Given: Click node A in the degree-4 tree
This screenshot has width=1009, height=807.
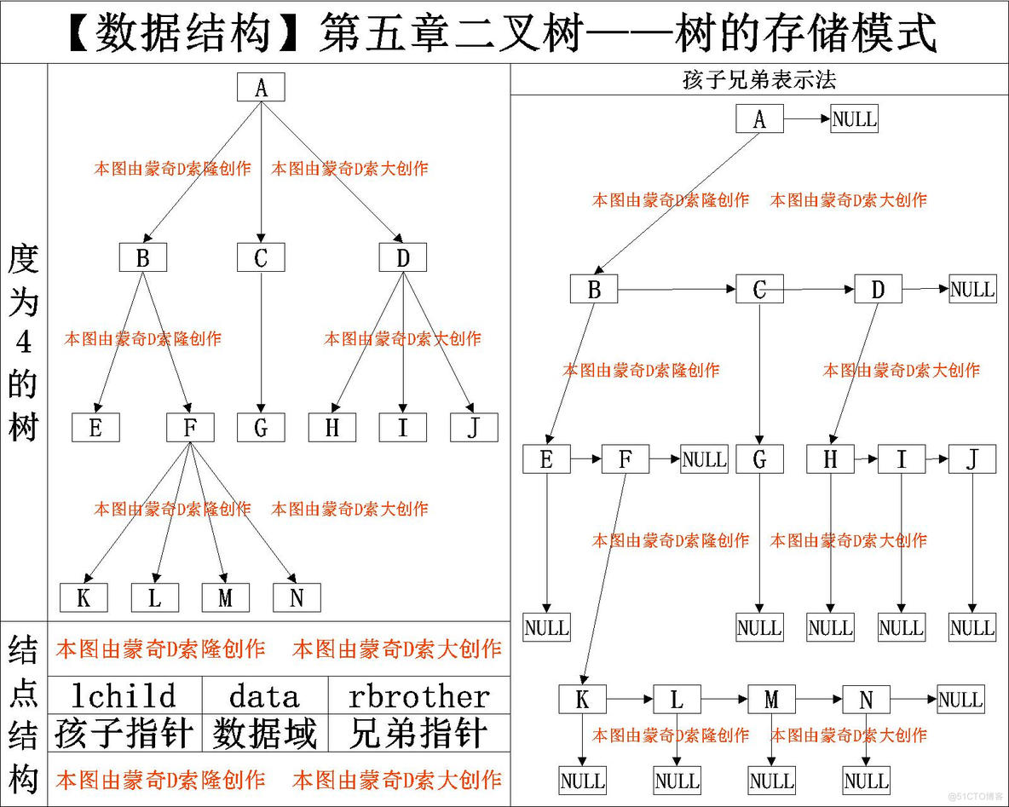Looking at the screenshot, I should click(x=261, y=87).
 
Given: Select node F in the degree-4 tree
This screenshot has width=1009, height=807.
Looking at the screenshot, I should click(x=190, y=427).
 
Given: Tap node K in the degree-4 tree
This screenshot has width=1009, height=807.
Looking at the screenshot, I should click(x=84, y=597).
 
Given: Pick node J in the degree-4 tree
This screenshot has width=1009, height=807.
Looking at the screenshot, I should click(x=474, y=427).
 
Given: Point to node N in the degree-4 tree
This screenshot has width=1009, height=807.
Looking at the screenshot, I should click(x=297, y=597).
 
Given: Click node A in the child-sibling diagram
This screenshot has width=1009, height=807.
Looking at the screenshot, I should click(x=759, y=118).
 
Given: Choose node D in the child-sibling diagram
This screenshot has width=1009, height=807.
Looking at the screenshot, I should click(x=878, y=289).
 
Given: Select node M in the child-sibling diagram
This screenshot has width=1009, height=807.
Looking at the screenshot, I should click(x=771, y=700).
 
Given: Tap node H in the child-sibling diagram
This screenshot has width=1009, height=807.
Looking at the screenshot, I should click(x=830, y=459).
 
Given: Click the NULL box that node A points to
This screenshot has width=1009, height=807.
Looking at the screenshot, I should click(x=854, y=118).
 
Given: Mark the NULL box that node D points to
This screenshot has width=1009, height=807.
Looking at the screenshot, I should click(x=972, y=289).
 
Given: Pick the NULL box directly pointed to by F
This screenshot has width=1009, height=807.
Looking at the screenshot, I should click(x=704, y=459).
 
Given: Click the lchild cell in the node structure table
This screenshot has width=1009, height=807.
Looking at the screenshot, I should click(x=124, y=695).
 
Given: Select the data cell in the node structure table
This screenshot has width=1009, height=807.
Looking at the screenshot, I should click(x=264, y=695).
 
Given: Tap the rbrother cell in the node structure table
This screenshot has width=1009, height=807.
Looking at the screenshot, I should click(x=419, y=695).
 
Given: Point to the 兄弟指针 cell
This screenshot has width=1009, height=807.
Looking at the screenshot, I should click(x=419, y=734).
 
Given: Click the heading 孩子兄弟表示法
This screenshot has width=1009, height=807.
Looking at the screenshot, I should click(x=759, y=81).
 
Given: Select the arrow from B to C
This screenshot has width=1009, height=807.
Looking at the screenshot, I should click(x=677, y=290).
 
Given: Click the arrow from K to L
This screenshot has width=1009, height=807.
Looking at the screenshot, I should click(x=630, y=700).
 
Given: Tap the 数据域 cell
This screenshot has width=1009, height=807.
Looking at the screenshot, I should click(x=264, y=734).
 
